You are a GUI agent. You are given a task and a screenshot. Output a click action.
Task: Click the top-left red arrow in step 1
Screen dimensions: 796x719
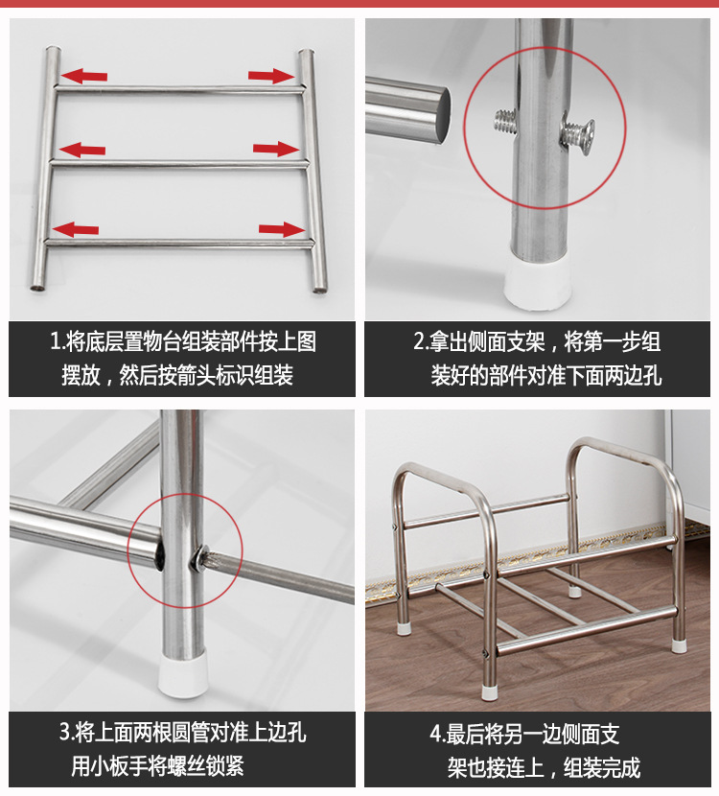point(84,75)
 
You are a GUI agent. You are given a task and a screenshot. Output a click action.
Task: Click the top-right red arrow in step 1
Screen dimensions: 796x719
point(270,75)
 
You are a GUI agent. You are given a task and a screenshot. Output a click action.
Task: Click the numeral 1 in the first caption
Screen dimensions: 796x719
point(56,342)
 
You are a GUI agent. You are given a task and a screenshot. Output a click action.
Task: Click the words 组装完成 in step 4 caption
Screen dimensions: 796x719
point(601,767)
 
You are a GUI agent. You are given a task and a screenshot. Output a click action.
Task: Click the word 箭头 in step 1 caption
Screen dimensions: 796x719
point(189,375)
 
